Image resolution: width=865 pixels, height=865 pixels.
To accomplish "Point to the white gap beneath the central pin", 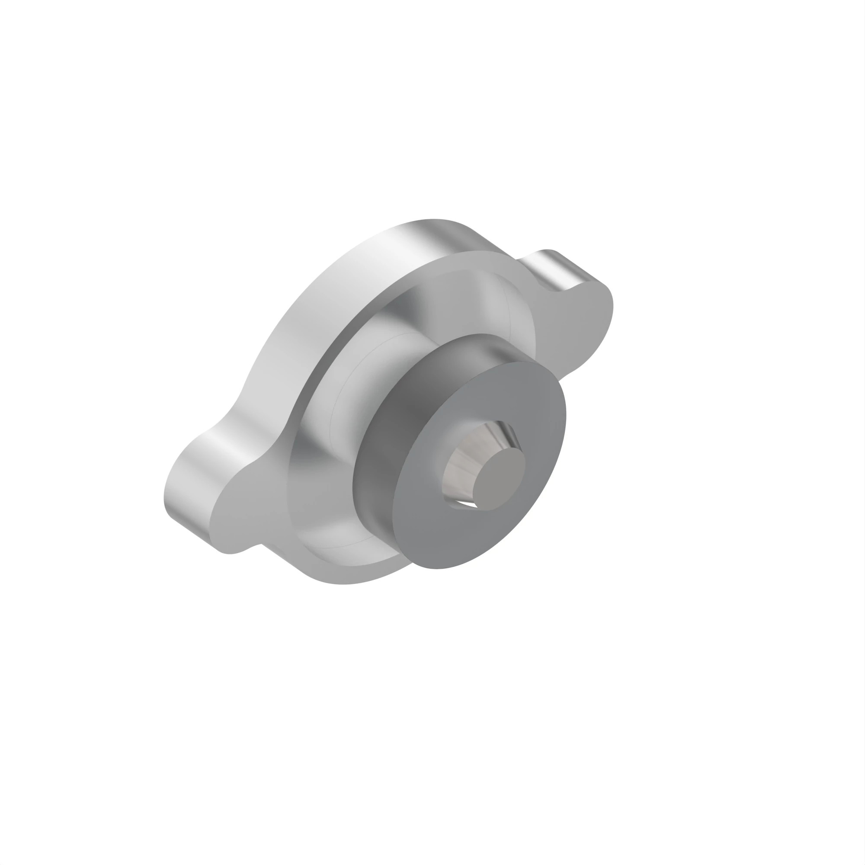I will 468,505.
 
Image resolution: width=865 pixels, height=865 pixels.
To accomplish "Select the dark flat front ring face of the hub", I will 529,416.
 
